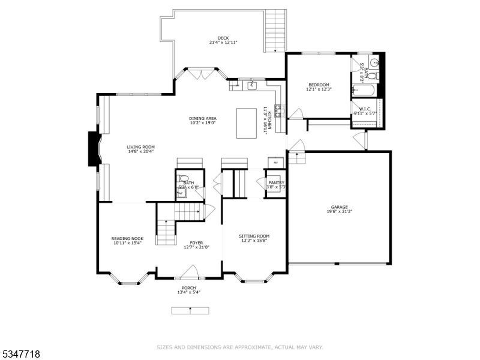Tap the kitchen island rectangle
point(247,122)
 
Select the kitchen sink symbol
point(253,85)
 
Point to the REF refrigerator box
point(276,163)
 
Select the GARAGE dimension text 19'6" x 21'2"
point(339,211)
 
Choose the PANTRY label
point(277,182)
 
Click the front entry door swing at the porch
point(190,273)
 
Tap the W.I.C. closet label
point(365,109)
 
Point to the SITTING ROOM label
point(254,236)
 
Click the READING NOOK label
point(128,238)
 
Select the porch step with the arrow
point(190,310)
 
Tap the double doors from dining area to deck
point(200,74)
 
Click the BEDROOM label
point(319,85)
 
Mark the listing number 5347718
point(21,354)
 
